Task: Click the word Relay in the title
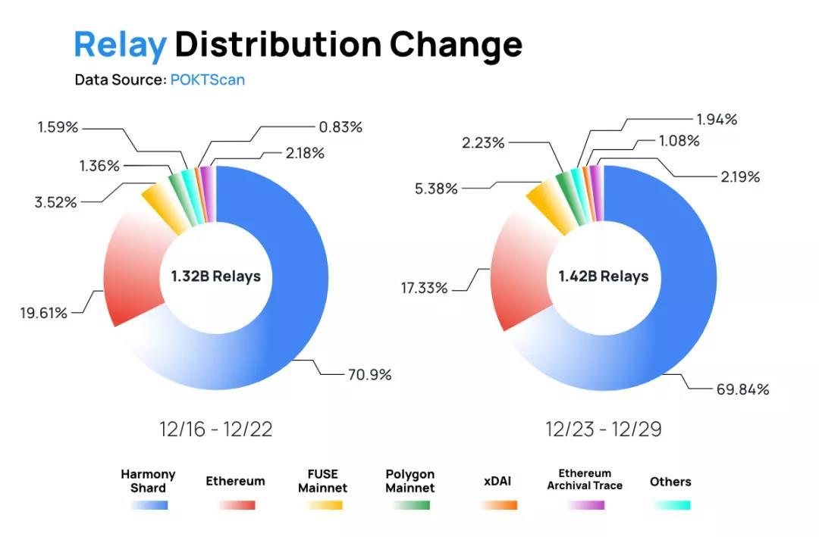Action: tap(120, 45)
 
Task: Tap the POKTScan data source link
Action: tap(207, 80)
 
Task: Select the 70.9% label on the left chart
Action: tap(369, 374)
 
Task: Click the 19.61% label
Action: tap(43, 312)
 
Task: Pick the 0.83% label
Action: tap(340, 127)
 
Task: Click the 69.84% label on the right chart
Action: tap(742, 389)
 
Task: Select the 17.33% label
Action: tap(424, 288)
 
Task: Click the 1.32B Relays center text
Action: tap(215, 276)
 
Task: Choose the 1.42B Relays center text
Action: tap(604, 276)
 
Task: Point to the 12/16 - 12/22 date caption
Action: tap(216, 429)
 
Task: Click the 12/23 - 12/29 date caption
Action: tap(604, 429)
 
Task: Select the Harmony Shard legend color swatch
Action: tap(149, 504)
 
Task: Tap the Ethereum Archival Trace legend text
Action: tap(585, 479)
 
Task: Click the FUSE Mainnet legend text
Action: tap(322, 481)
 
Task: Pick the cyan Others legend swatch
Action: tap(670, 504)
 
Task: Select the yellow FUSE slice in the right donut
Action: tap(545, 201)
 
